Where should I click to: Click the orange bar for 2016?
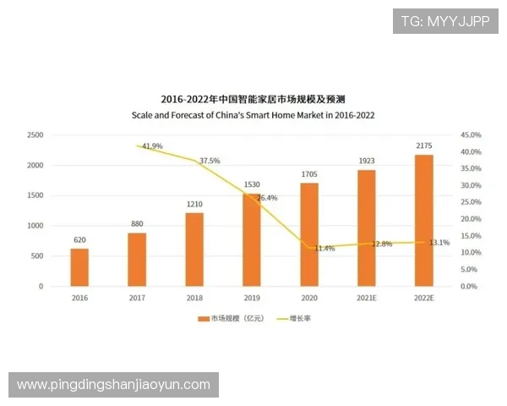79,267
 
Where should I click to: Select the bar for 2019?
252,240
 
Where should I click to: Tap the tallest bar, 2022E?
424,221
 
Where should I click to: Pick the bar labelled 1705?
309,234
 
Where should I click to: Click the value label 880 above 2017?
137,224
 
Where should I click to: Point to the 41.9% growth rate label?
152,146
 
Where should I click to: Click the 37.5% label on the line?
210,161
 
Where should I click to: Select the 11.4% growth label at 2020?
324,249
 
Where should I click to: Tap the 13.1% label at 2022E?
439,243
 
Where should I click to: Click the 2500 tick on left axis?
35,135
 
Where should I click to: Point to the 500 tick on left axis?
37,256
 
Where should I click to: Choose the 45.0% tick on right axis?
471,135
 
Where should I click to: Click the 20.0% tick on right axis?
471,219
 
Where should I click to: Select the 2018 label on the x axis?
194,299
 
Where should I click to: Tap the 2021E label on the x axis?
367,299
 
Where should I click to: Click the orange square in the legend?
203,319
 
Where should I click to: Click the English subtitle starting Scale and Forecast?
253,115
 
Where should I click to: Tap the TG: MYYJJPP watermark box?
445,20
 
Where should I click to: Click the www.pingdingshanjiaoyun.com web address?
114,385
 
